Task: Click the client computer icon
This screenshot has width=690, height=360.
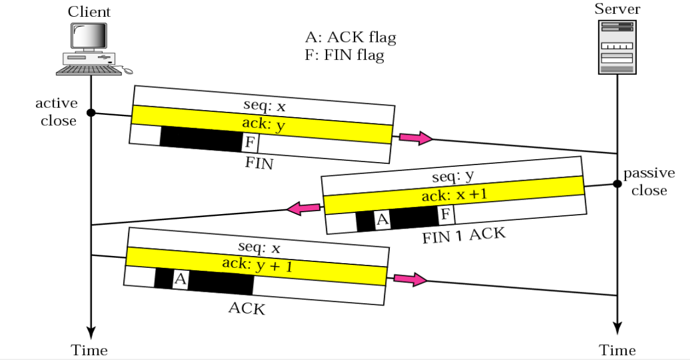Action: pyautogui.click(x=93, y=49)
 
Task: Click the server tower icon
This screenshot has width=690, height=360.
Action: pyautogui.click(x=616, y=47)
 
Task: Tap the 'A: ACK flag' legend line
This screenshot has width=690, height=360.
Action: pyautogui.click(x=350, y=38)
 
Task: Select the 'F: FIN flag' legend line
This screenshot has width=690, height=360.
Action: pyautogui.click(x=344, y=56)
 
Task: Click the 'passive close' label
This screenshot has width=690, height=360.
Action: pyautogui.click(x=649, y=182)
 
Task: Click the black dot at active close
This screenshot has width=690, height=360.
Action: pyautogui.click(x=91, y=112)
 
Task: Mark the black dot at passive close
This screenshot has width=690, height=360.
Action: pyautogui.click(x=616, y=184)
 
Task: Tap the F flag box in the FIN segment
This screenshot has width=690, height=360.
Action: pyautogui.click(x=250, y=143)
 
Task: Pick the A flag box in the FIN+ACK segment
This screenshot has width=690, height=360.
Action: pyautogui.click(x=383, y=220)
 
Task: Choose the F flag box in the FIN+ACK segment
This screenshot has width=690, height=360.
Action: pyautogui.click(x=445, y=214)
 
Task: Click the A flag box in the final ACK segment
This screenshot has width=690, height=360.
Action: pyautogui.click(x=180, y=279)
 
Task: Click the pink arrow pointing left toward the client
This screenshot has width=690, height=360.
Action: pyautogui.click(x=304, y=208)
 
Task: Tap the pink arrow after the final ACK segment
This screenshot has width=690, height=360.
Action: pyautogui.click(x=410, y=279)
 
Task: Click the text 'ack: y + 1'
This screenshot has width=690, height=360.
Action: pyautogui.click(x=257, y=264)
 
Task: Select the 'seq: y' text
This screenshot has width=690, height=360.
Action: pyautogui.click(x=452, y=178)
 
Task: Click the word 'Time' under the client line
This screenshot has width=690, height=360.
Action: pyautogui.click(x=90, y=350)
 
